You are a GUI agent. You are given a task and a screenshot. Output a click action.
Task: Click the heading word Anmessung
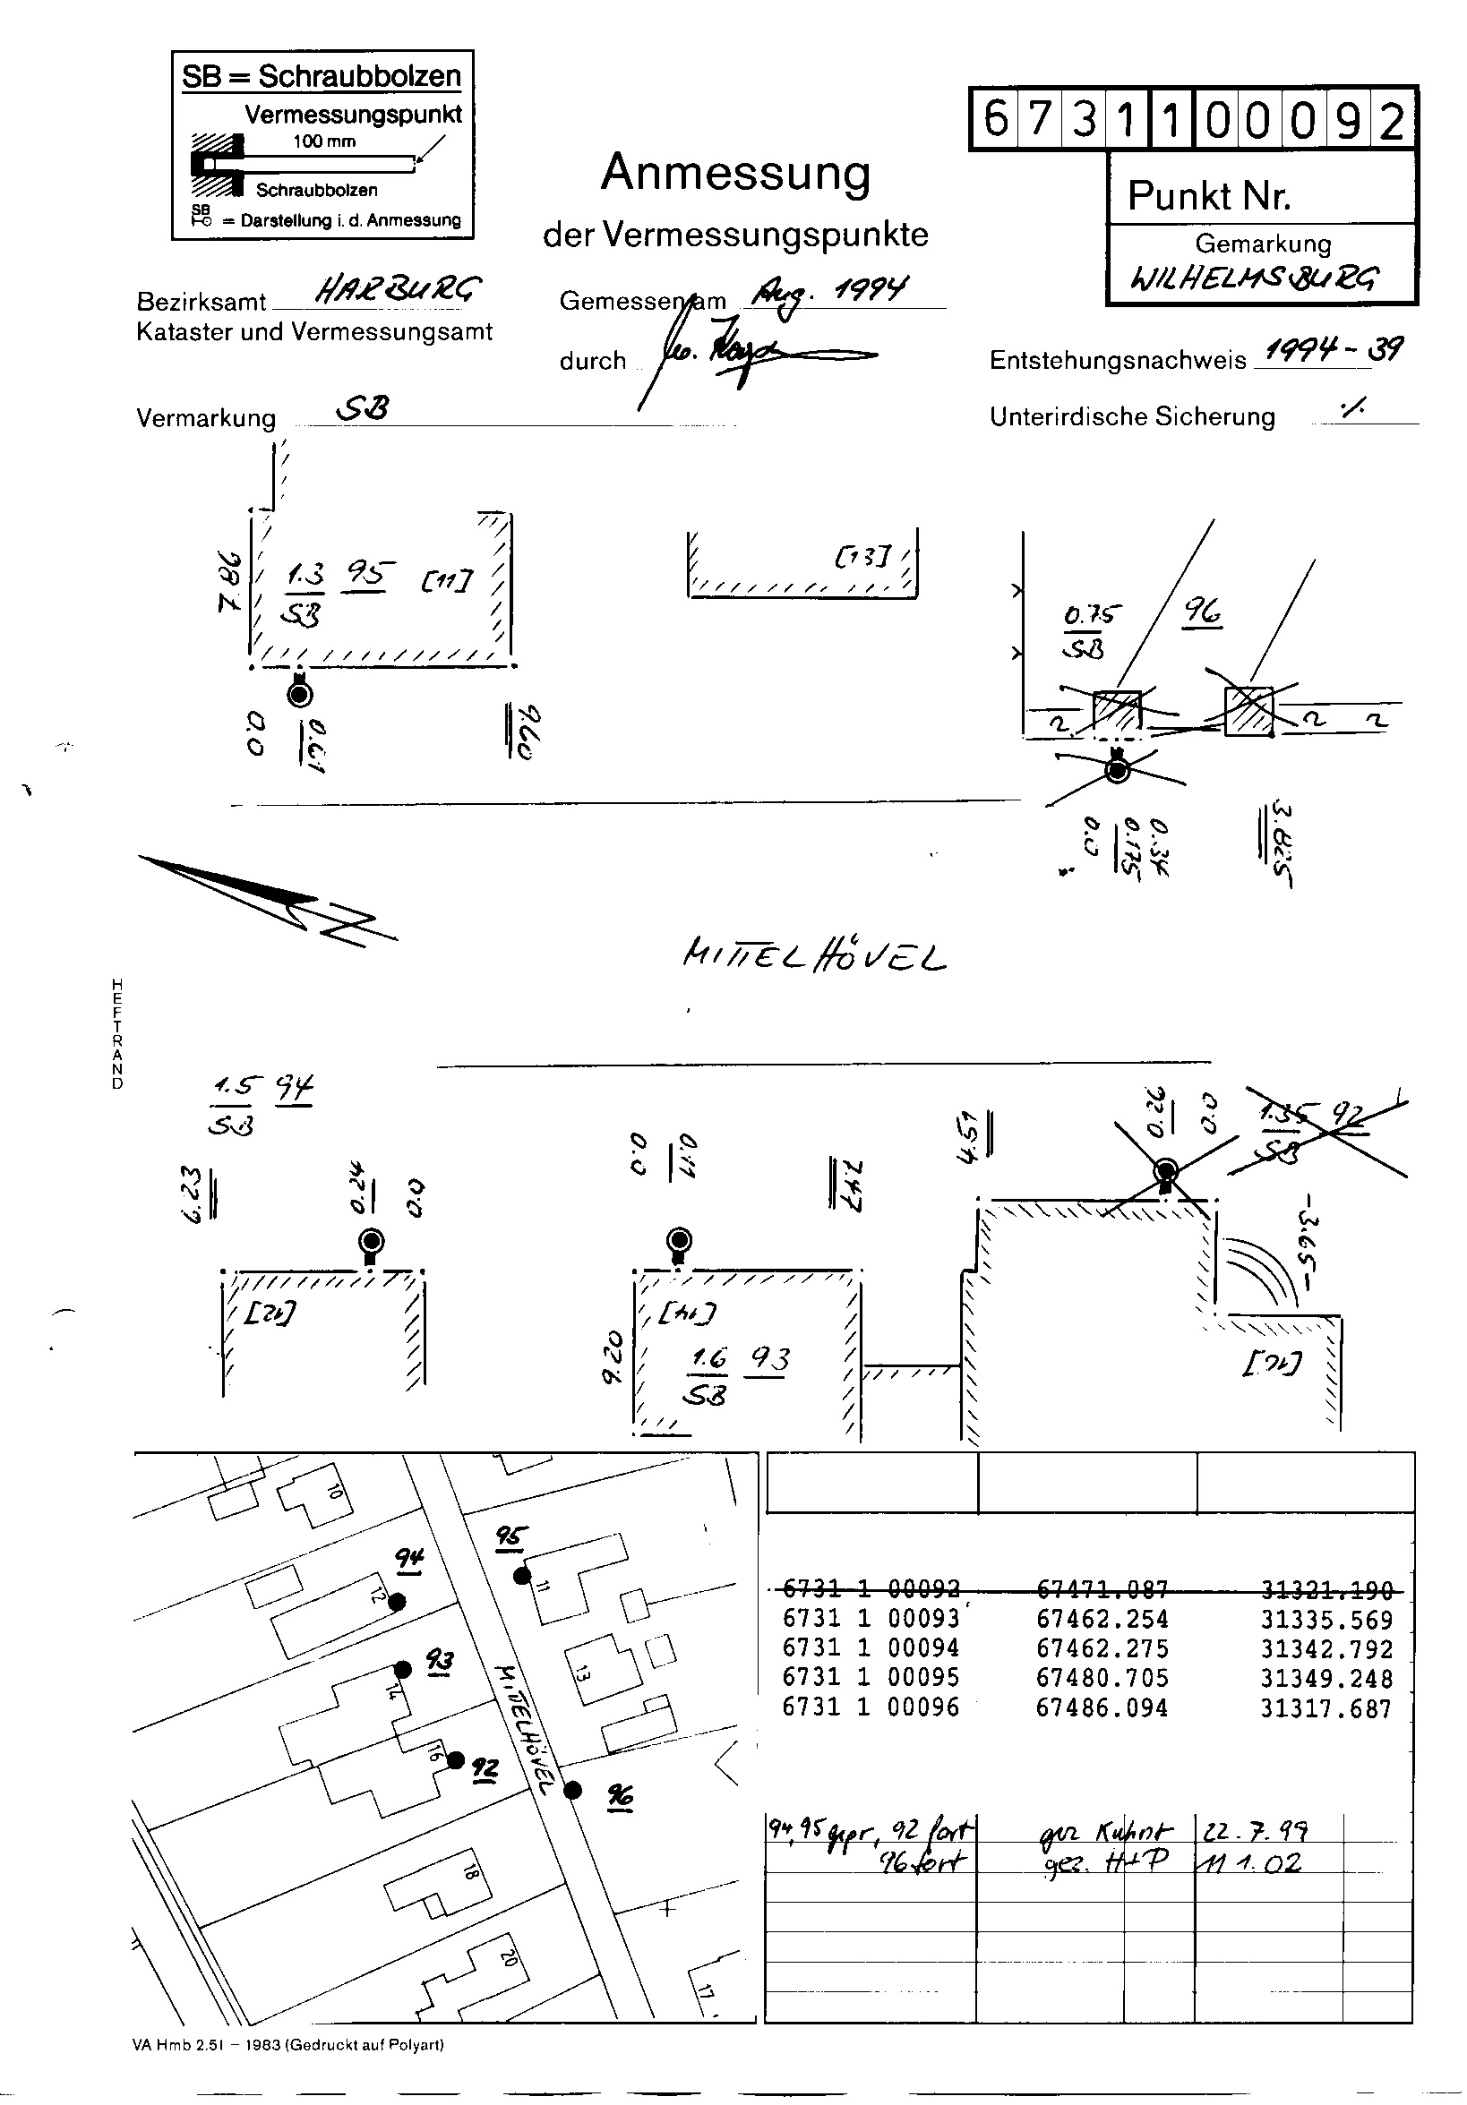pyautogui.click(x=735, y=173)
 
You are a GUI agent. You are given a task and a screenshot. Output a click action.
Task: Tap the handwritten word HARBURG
pyautogui.click(x=396, y=292)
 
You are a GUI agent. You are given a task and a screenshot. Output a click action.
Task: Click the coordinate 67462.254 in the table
pyautogui.click(x=1102, y=1619)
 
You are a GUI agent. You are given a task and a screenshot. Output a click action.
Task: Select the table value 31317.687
pyautogui.click(x=1325, y=1708)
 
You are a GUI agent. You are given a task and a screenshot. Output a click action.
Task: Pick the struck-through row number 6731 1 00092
pyautogui.click(x=871, y=1589)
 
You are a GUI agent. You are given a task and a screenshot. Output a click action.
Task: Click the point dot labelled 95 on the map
pyautogui.click(x=522, y=1576)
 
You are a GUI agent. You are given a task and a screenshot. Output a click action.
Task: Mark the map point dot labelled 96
pyautogui.click(x=573, y=1790)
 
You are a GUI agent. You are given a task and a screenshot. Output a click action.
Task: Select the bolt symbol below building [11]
pyautogui.click(x=300, y=694)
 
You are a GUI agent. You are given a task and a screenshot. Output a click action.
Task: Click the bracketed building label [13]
pyautogui.click(x=862, y=556)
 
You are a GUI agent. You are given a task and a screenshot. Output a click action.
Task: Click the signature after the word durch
pyautogui.click(x=725, y=353)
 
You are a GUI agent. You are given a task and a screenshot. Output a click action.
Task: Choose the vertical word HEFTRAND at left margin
pyautogui.click(x=117, y=1034)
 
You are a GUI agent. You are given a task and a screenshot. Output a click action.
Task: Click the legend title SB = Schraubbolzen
pyautogui.click(x=322, y=76)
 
